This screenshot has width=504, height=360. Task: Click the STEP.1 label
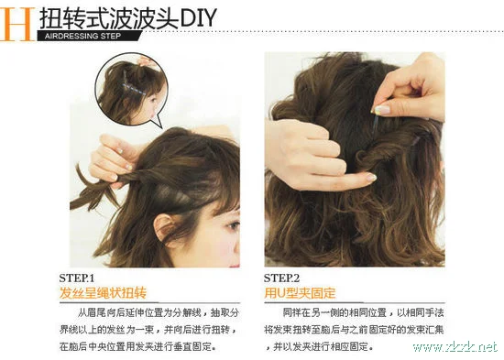pos(77,278)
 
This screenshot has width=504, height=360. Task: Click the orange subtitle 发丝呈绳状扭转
pos(103,293)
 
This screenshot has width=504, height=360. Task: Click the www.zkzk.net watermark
pos(455,347)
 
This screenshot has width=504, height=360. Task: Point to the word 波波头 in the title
pos(137,16)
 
